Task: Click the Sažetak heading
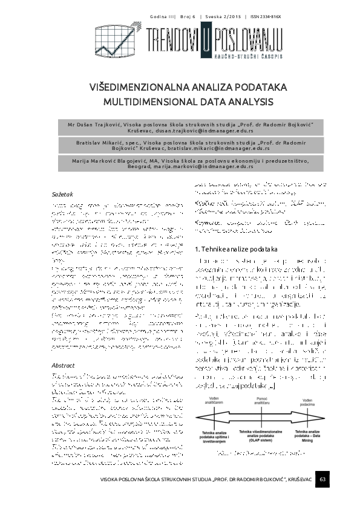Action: click(x=62, y=196)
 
